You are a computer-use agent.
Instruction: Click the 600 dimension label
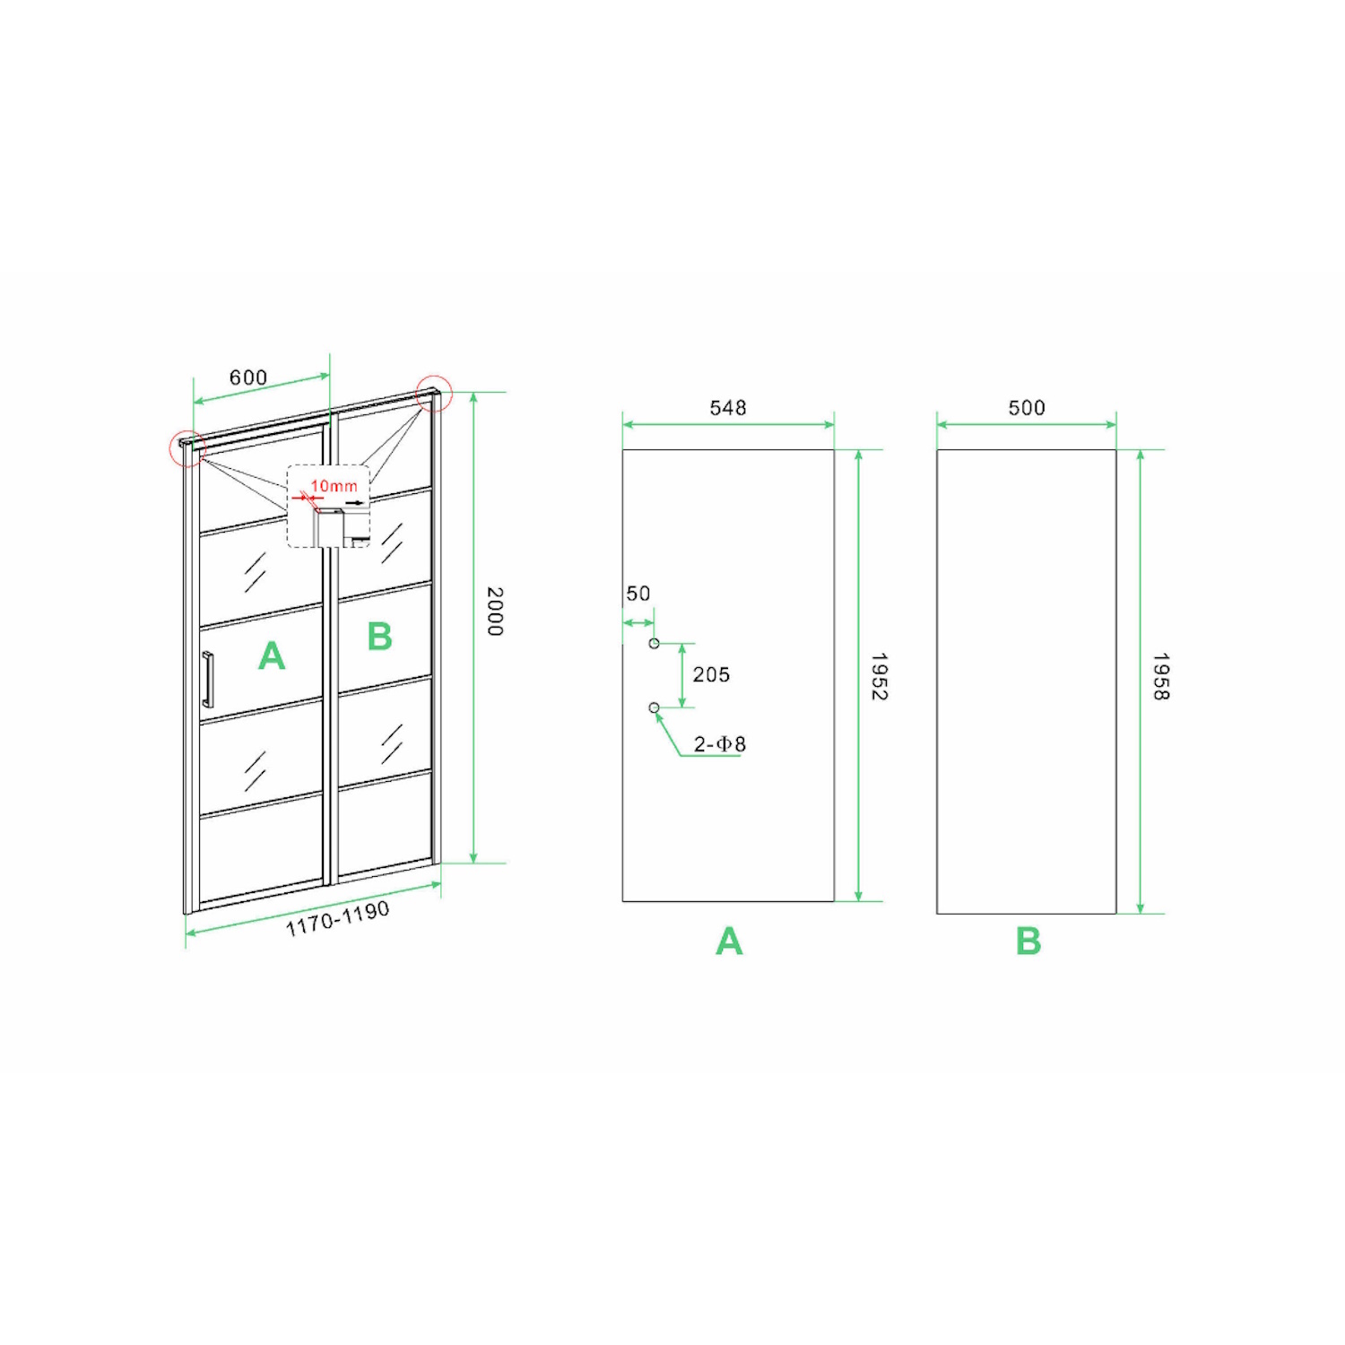[x=248, y=377]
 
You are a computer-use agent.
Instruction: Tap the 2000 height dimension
[x=495, y=612]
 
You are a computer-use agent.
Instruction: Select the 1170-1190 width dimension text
[x=338, y=919]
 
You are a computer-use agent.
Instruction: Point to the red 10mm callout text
[x=334, y=486]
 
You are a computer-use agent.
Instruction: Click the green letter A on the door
[x=272, y=656]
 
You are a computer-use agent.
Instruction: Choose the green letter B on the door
[x=380, y=637]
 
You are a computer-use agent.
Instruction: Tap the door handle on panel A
[x=208, y=680]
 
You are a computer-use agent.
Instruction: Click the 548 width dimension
[x=728, y=408]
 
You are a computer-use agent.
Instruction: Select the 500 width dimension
[x=1027, y=408]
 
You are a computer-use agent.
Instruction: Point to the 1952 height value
[x=880, y=676]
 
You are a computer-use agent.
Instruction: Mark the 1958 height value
[x=1161, y=676]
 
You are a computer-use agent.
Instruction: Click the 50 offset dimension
[x=638, y=594]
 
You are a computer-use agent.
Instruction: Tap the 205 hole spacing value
[x=711, y=674]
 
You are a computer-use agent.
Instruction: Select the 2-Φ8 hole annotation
[x=720, y=743]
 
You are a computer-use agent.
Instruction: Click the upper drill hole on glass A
[x=655, y=644]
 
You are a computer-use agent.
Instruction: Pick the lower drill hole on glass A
[x=655, y=708]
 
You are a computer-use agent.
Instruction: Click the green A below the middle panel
[x=730, y=941]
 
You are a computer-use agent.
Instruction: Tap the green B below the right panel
[x=1028, y=941]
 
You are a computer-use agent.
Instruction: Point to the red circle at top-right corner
[x=435, y=393]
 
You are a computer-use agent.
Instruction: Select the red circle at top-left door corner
[x=188, y=447]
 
